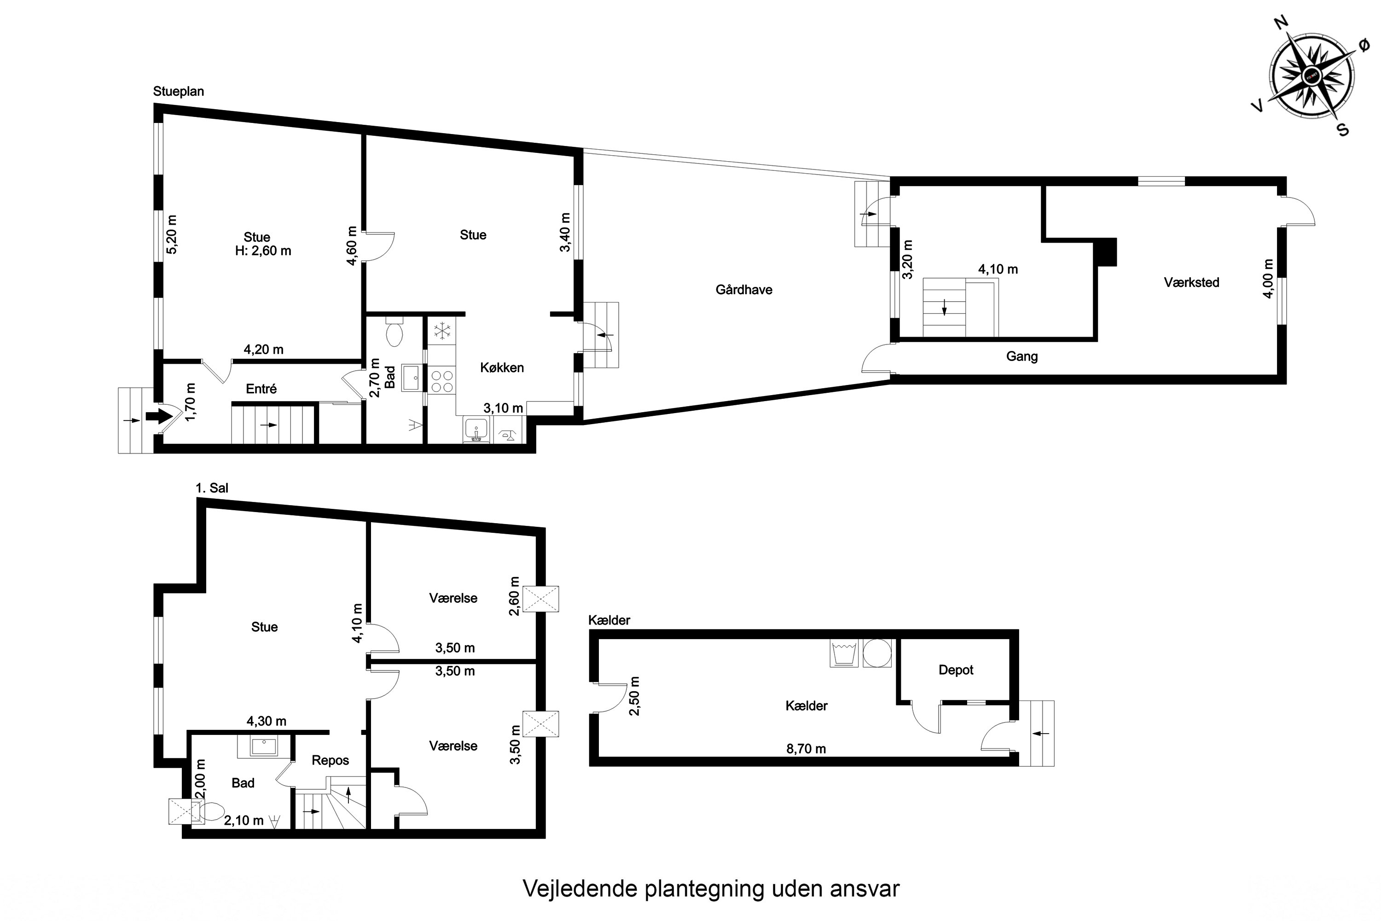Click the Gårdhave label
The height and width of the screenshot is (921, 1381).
point(743,290)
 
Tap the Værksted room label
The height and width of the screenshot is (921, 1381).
point(1191,283)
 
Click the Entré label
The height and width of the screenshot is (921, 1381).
point(261,389)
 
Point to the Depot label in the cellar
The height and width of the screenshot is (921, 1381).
point(956,670)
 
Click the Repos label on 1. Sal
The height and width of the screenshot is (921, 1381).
point(330,761)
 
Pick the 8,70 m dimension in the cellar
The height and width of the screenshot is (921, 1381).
point(806,749)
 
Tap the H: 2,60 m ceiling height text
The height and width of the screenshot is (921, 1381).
point(263,251)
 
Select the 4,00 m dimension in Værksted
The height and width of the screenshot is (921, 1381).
point(1268,279)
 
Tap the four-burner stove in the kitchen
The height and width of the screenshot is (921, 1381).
point(441,381)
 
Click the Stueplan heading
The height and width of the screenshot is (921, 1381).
point(179,92)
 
